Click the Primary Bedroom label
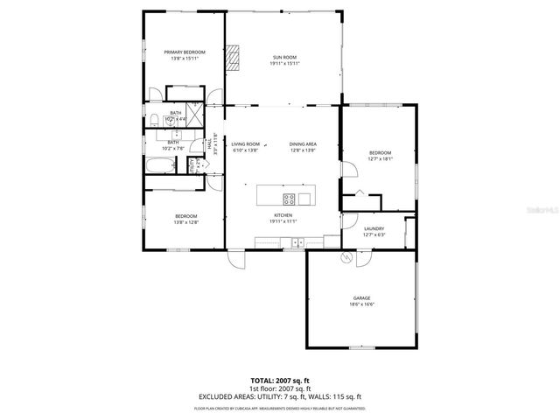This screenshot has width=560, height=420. click(185, 52)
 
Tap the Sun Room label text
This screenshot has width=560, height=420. click(284, 57)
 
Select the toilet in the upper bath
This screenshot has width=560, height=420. click(154, 119)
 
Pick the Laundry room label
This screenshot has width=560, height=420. click(374, 228)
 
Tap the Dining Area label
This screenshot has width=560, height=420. click(303, 144)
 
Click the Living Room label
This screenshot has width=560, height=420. click(246, 144)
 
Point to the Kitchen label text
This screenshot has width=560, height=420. click(283, 215)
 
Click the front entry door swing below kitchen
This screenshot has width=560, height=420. click(237, 257)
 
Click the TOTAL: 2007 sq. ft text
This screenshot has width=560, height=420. click(280, 380)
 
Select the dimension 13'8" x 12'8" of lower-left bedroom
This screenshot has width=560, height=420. click(185, 222)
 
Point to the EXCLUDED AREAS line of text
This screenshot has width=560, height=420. click(280, 397)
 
